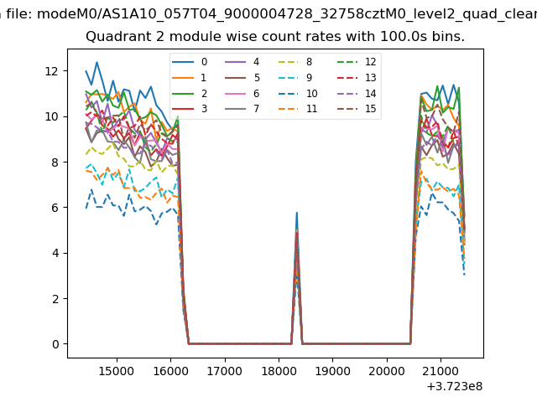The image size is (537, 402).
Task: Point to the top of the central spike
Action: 296,213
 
